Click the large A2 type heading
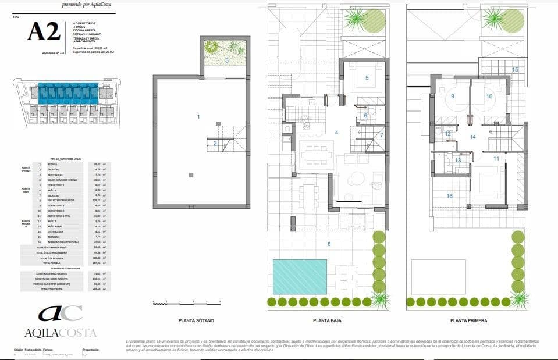pyautogui.click(x=44, y=32)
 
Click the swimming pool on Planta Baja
pyautogui.click(x=300, y=276)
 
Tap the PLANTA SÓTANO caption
pyautogui.click(x=196, y=320)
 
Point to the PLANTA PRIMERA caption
pyautogui.click(x=468, y=320)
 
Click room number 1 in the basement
pyautogui.click(x=198, y=117)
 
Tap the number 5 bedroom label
pyautogui.click(x=367, y=77)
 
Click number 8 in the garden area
pyautogui.click(x=329, y=244)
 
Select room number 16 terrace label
pyautogui.click(x=449, y=196)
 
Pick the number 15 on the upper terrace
pyautogui.click(x=514, y=69)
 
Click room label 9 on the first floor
pyautogui.click(x=452, y=96)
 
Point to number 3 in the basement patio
pyautogui.click(x=226, y=59)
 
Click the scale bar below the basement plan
pyautogui.click(x=186, y=302)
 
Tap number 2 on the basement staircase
pyautogui.click(x=215, y=143)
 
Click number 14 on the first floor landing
pyautogui.click(x=472, y=137)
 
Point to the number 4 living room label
pyautogui.click(x=336, y=133)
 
